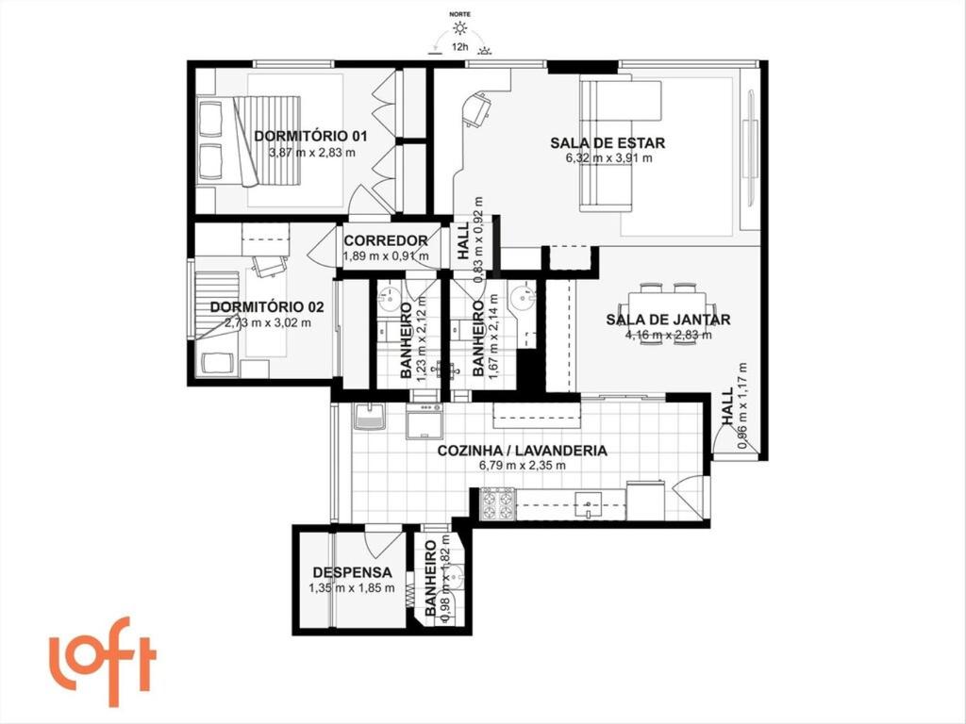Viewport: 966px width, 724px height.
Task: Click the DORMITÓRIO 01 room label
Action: pyautogui.click(x=310, y=136)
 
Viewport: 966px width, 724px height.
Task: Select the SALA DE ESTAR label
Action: pyautogui.click(x=608, y=143)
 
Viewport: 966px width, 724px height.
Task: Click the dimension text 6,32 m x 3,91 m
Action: pyautogui.click(x=608, y=158)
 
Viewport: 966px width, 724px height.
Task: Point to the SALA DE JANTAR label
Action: pyautogui.click(x=668, y=319)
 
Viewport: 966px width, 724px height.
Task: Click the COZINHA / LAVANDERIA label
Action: pyautogui.click(x=522, y=451)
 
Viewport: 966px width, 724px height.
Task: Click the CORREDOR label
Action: pyautogui.click(x=385, y=240)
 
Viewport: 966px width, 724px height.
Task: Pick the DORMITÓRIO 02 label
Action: pyautogui.click(x=267, y=306)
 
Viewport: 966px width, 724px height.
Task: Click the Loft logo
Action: pyautogui.click(x=102, y=659)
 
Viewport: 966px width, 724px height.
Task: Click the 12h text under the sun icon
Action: pyautogui.click(x=461, y=44)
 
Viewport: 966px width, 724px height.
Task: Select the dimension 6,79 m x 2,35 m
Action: pyautogui.click(x=522, y=466)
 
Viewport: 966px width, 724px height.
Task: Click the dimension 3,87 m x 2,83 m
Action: pyautogui.click(x=311, y=152)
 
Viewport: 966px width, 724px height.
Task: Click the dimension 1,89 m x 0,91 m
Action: pyautogui.click(x=385, y=255)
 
